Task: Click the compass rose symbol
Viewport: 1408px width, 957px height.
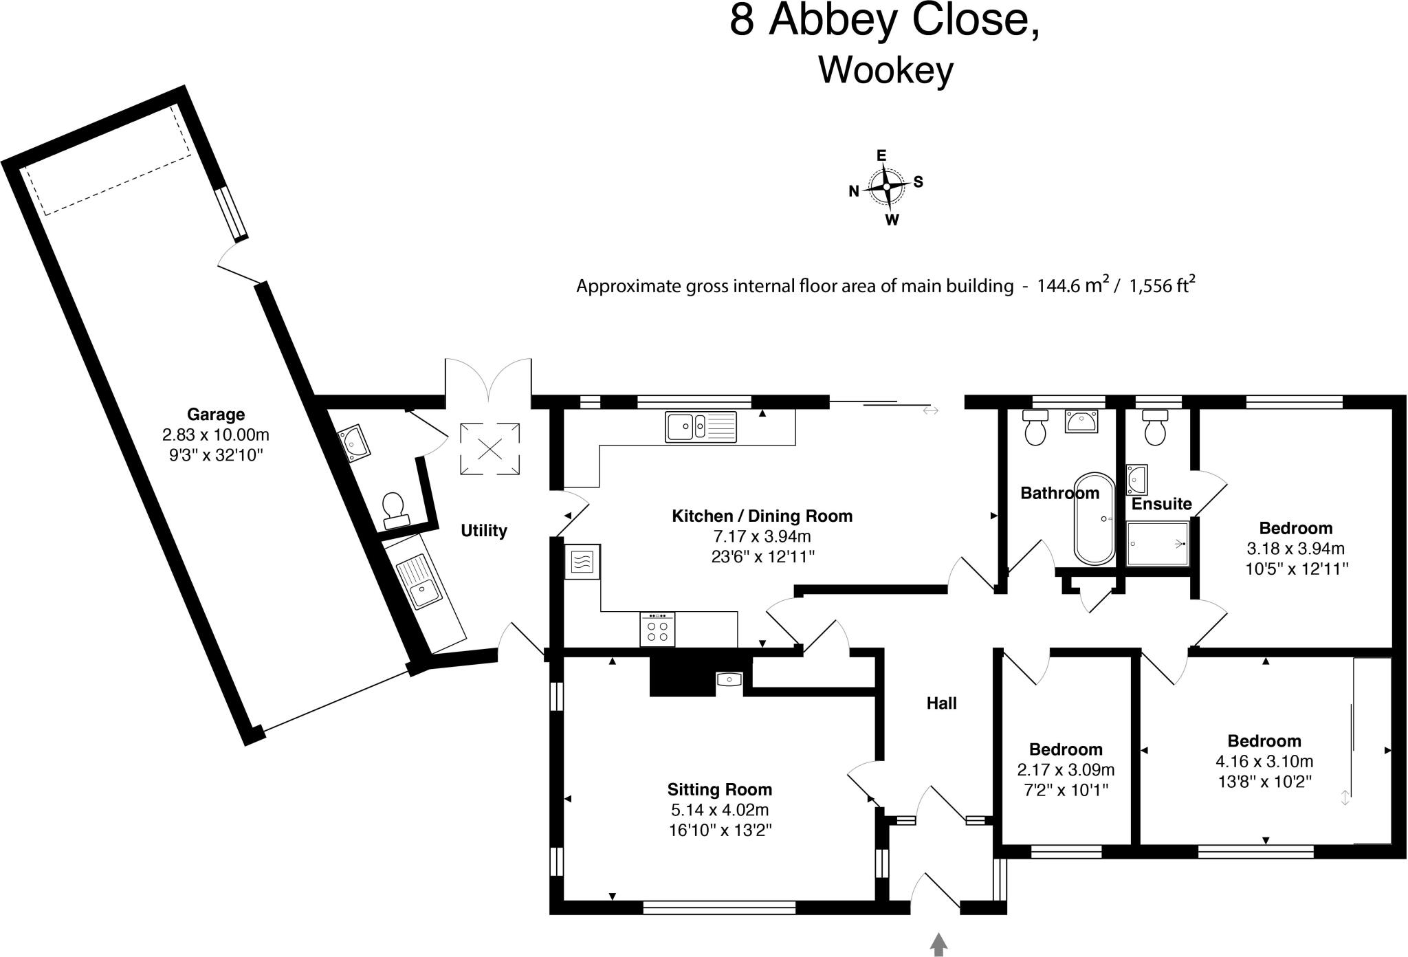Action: tap(887, 187)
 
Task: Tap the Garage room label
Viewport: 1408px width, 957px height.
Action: tap(216, 415)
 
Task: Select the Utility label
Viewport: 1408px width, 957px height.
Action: tap(484, 531)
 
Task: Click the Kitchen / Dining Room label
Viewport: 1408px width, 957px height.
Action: tap(762, 516)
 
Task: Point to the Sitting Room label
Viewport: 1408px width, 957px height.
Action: tap(720, 790)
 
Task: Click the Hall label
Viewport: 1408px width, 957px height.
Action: tap(941, 703)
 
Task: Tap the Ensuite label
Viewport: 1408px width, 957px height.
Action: tap(1161, 504)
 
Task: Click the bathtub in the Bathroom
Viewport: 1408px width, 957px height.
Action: tap(1095, 518)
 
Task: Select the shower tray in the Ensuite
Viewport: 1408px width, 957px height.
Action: tap(1158, 543)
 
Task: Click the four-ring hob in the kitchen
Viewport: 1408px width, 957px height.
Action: tap(657, 630)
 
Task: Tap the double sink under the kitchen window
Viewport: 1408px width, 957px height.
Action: tap(701, 426)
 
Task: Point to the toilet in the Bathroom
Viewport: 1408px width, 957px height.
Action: tap(1035, 426)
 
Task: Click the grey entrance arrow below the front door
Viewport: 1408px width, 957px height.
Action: tap(938, 944)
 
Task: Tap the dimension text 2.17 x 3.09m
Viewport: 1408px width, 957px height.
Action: tap(1066, 770)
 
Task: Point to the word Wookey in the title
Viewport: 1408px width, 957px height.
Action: tap(885, 70)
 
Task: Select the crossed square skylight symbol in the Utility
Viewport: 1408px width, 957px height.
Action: tap(489, 450)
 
